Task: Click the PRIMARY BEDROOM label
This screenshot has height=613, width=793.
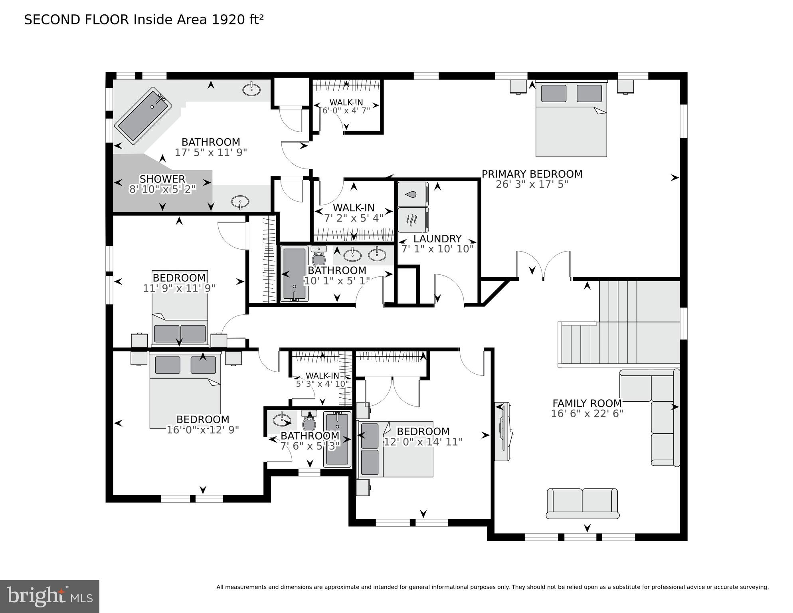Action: (532, 174)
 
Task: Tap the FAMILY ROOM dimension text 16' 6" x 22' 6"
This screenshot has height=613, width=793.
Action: (587, 414)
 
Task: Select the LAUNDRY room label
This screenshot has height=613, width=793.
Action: (437, 239)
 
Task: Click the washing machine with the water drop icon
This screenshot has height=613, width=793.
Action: (413, 194)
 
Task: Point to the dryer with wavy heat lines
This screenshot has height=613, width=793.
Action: (413, 220)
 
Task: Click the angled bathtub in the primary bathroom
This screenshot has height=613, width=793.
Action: (143, 115)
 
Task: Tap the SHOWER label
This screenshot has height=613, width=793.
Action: (162, 179)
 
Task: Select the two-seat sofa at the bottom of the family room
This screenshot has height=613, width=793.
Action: (582, 503)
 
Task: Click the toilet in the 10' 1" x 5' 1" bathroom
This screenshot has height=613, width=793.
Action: (319, 257)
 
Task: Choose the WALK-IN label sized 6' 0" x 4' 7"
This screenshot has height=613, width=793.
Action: (346, 102)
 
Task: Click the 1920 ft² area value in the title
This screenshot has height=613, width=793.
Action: (237, 20)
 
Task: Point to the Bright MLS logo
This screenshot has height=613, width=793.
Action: (49, 596)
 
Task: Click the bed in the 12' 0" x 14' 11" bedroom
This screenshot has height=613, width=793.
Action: (395, 448)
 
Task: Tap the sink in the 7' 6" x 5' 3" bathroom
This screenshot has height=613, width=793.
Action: (282, 420)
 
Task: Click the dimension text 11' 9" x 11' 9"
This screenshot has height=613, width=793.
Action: (179, 288)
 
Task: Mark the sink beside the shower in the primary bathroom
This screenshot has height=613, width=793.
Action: (240, 201)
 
